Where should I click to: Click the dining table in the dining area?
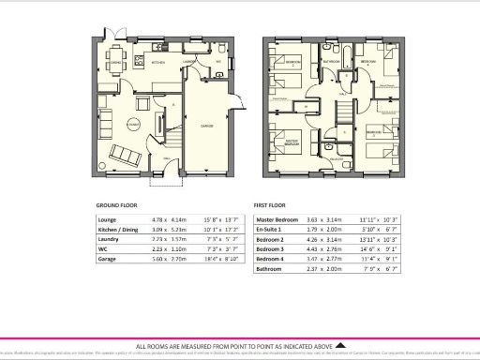(x=116, y=65)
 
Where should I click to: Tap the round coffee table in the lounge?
(x=133, y=123)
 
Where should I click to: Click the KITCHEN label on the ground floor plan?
(x=159, y=63)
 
